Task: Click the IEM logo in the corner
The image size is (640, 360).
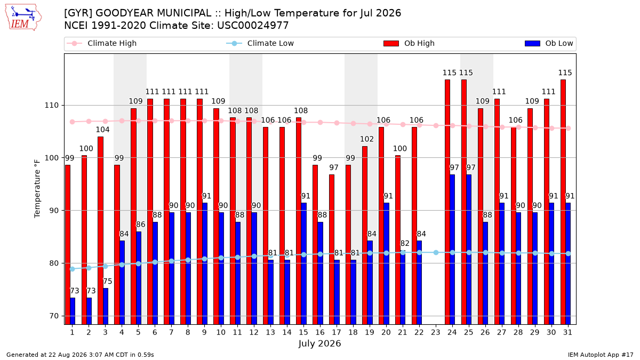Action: [23, 18]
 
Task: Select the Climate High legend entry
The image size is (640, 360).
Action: [101, 43]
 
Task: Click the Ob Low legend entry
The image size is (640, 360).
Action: [549, 43]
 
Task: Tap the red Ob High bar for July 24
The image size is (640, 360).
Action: [447, 202]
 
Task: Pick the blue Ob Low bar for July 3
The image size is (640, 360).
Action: [106, 306]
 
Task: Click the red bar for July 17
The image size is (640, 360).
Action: [332, 250]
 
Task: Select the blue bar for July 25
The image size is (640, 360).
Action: [469, 250]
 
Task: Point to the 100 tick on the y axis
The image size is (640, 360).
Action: [51, 158]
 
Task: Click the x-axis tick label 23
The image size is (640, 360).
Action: [436, 332]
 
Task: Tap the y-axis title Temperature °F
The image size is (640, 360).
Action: [37, 189]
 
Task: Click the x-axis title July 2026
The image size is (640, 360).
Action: [319, 343]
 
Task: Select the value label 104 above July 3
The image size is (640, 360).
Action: [102, 130]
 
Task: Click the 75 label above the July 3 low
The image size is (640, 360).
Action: [107, 282]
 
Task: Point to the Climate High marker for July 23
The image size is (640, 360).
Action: [436, 125]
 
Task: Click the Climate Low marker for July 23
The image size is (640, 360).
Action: [436, 253]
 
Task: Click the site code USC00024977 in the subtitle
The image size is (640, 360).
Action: [253, 26]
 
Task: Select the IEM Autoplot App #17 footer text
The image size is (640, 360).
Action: [601, 355]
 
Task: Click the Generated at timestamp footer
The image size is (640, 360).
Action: [80, 355]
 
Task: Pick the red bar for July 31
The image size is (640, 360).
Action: [563, 202]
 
